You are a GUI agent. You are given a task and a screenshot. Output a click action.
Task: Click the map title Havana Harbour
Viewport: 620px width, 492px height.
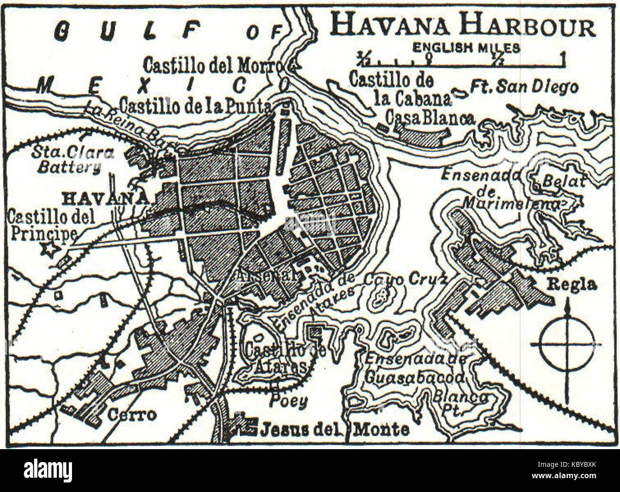point(463,26)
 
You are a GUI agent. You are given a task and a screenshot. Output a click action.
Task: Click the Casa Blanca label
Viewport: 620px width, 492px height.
point(430,118)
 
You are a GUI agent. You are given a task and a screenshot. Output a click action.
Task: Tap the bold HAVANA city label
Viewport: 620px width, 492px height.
point(105,198)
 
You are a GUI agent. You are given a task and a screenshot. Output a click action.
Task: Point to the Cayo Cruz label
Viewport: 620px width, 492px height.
point(405,280)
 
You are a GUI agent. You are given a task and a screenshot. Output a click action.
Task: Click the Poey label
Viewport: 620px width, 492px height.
point(288,402)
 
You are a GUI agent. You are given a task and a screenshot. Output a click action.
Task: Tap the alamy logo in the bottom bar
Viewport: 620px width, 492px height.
point(42,470)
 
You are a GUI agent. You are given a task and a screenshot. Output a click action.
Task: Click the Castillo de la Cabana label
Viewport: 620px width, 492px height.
point(400,89)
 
